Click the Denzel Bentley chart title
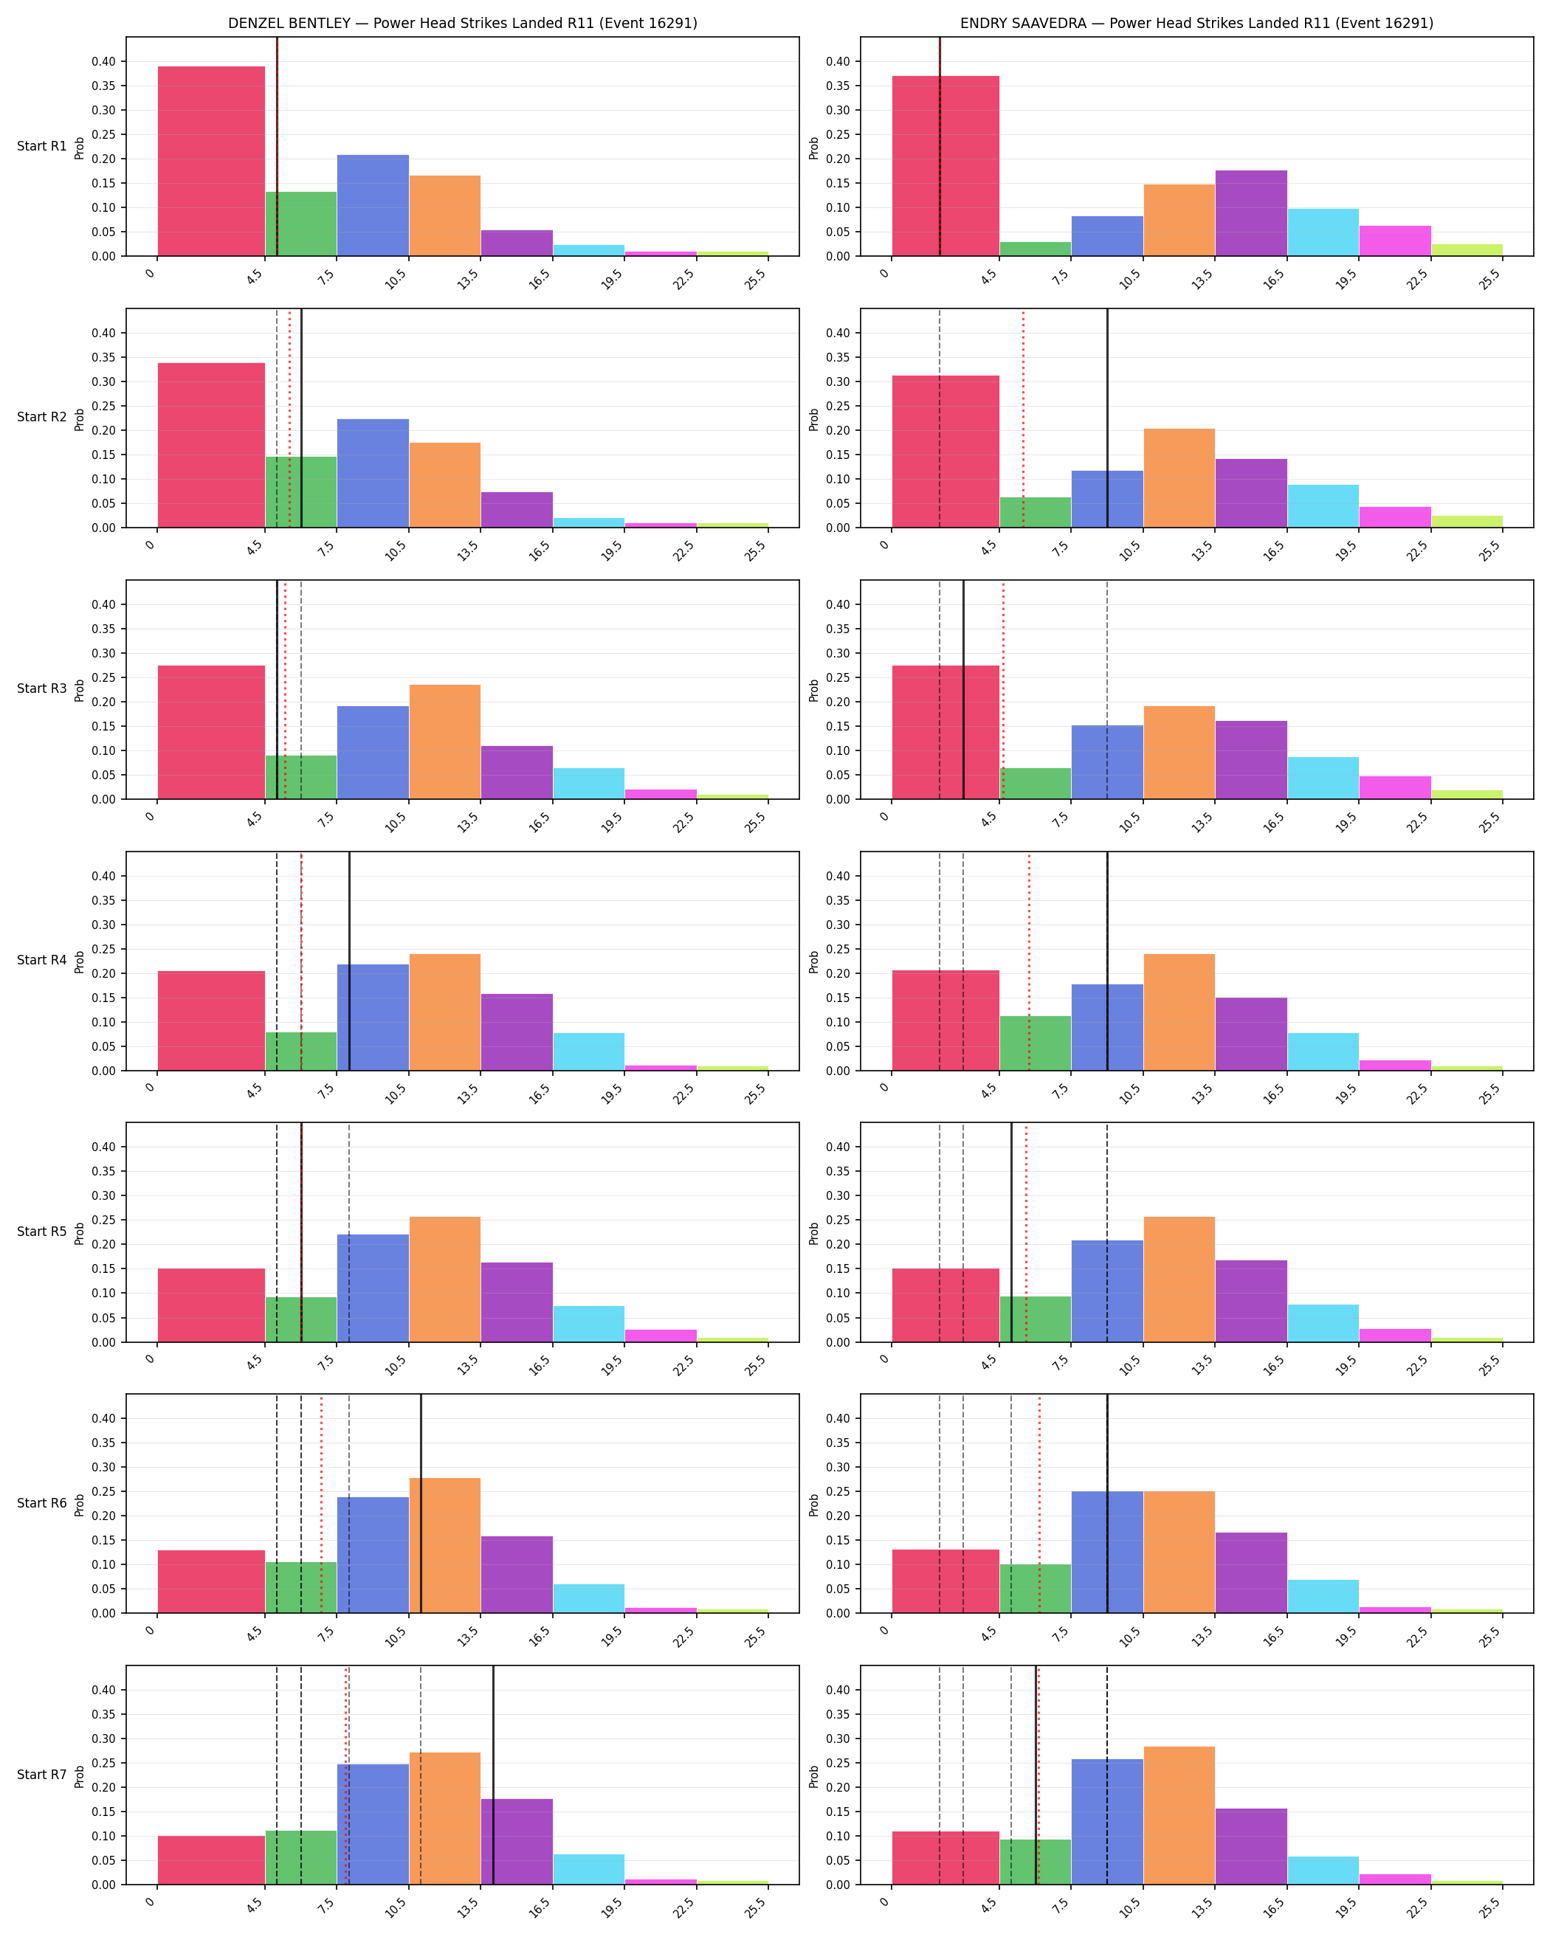[x=463, y=24]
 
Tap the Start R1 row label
[x=41, y=146]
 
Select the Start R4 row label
[x=41, y=961]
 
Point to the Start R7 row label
[x=41, y=1775]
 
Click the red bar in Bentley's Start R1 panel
[x=211, y=161]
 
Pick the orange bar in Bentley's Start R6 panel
[x=445, y=1545]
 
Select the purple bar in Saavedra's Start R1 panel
[x=1251, y=213]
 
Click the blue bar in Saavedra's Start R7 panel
[x=1107, y=1822]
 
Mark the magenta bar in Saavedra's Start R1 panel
[x=1394, y=241]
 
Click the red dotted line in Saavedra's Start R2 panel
[x=1022, y=418]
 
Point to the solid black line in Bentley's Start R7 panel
[x=493, y=1775]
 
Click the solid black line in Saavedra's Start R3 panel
[x=963, y=690]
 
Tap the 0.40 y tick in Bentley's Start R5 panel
[x=103, y=1147]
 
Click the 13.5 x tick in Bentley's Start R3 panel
[x=468, y=821]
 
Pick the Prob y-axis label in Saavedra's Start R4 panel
[x=814, y=961]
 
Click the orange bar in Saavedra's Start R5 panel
[x=1179, y=1280]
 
